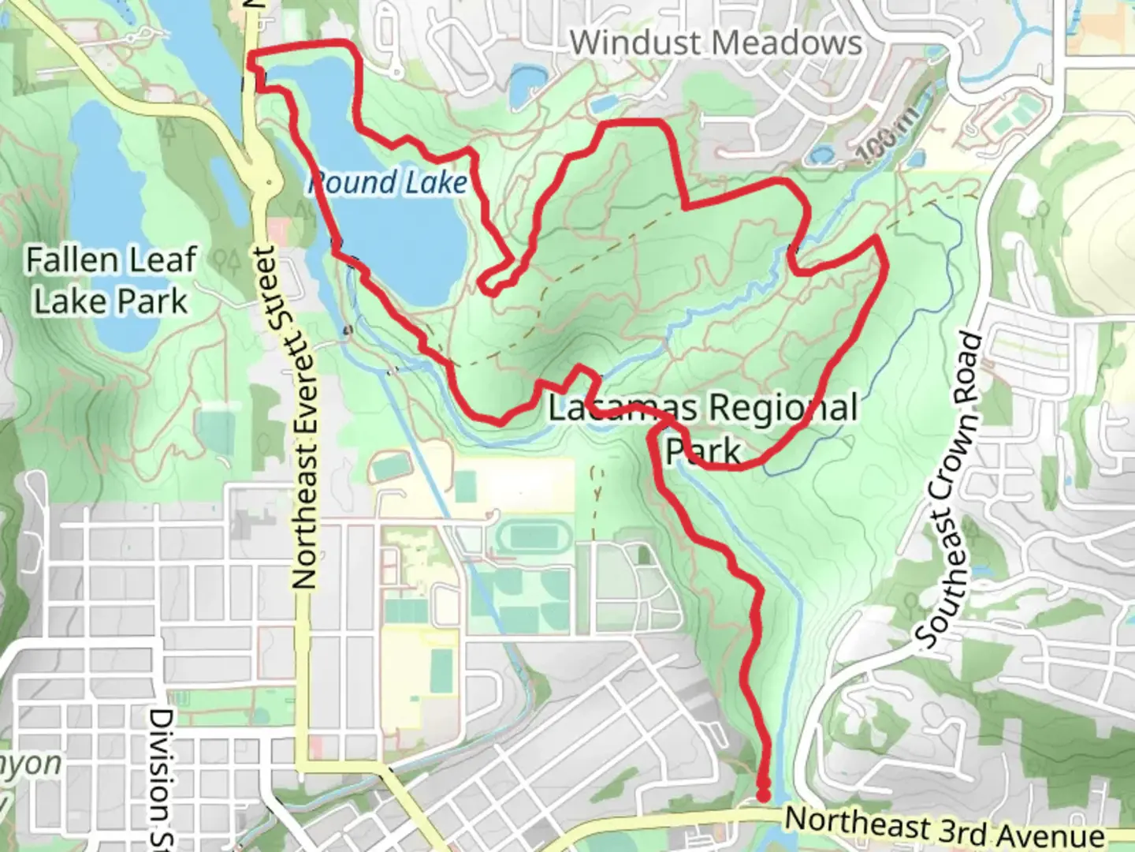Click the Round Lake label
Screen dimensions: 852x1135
388,183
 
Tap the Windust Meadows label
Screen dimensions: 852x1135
716,43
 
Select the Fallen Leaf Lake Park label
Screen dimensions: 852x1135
110,280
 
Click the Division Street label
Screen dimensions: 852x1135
161,777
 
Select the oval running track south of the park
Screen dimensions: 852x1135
534,538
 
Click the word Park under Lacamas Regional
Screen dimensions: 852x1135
703,451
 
